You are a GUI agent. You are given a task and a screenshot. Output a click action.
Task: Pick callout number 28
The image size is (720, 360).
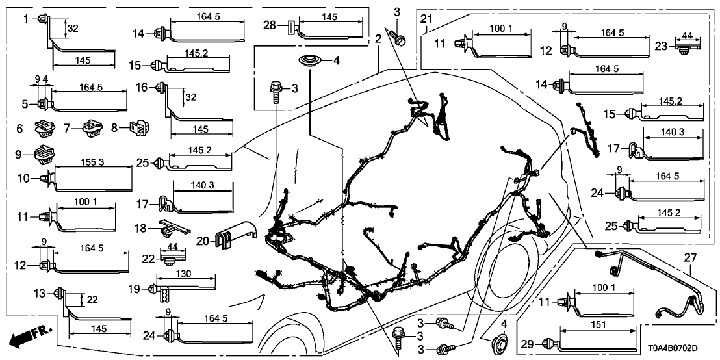(x=270, y=25)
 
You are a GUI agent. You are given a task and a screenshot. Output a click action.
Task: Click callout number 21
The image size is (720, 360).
(x=426, y=16)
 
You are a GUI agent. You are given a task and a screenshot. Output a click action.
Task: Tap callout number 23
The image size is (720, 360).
(x=661, y=46)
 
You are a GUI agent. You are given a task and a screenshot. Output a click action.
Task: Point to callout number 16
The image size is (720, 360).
(x=142, y=88)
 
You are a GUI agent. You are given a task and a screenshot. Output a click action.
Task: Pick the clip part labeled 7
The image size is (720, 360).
(x=88, y=129)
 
